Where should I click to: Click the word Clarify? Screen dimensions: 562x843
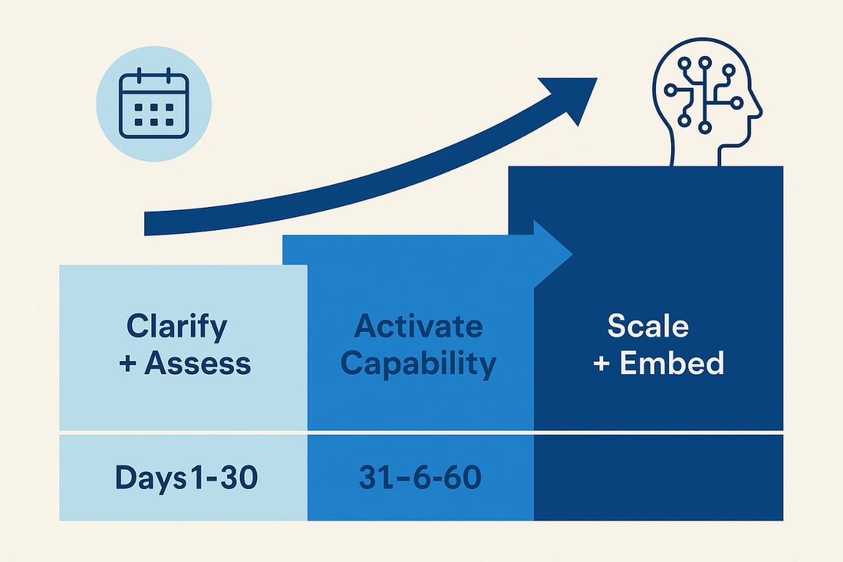(177, 326)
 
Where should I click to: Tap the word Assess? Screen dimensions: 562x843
(198, 363)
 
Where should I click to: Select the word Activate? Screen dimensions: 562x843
(418, 326)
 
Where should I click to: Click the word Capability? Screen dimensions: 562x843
(418, 364)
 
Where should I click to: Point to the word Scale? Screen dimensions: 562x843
(647, 326)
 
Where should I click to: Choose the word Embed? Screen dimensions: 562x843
(672, 363)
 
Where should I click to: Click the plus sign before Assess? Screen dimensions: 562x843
(128, 364)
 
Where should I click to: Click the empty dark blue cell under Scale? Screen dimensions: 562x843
(658, 477)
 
